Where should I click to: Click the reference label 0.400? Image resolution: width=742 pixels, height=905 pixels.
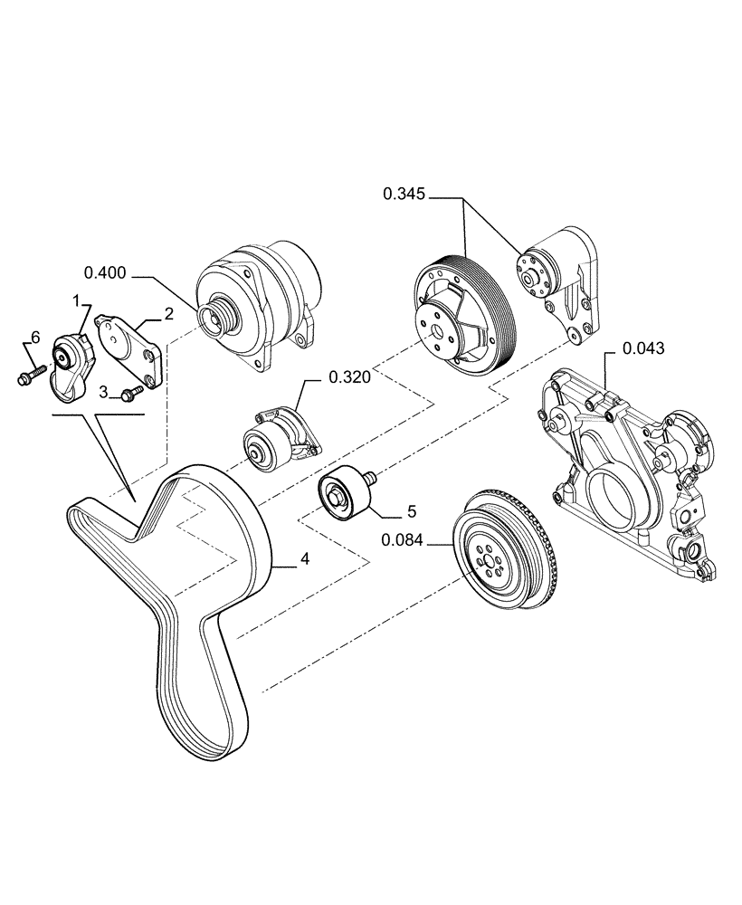pyautogui.click(x=104, y=271)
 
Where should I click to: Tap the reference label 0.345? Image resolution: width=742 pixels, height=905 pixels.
pyautogui.click(x=404, y=193)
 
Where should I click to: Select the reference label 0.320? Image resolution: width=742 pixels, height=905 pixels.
pyautogui.click(x=349, y=377)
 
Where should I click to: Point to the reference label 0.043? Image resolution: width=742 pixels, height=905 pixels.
pyautogui.click(x=643, y=348)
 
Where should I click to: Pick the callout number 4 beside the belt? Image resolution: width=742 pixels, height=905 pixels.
pyautogui.click(x=305, y=560)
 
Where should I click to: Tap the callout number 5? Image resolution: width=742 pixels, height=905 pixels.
pyautogui.click(x=411, y=511)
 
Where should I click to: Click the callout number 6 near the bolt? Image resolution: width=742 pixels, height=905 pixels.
pyautogui.click(x=35, y=337)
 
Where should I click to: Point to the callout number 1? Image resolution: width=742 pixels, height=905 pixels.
pyautogui.click(x=78, y=299)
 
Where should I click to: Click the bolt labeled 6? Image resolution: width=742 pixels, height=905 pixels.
pyautogui.click(x=31, y=373)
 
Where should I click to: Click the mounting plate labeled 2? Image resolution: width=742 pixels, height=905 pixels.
pyautogui.click(x=128, y=348)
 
